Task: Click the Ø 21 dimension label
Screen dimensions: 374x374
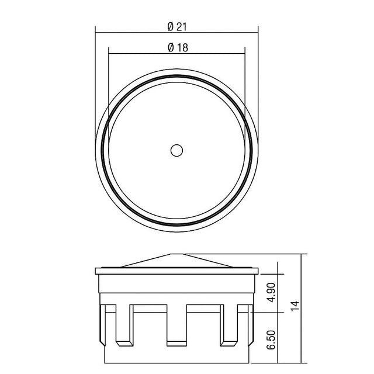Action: coord(177,26)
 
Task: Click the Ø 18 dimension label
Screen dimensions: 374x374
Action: coord(178,47)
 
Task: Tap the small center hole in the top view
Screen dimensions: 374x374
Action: coord(176,151)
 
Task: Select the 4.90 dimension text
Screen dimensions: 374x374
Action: coord(272,292)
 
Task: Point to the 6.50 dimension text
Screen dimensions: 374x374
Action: coord(271,340)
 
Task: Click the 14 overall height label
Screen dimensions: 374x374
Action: coord(295,306)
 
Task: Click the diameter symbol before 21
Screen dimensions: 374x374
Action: coord(171,26)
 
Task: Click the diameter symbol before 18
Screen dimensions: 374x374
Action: coord(171,47)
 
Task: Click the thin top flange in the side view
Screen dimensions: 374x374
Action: coord(176,271)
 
